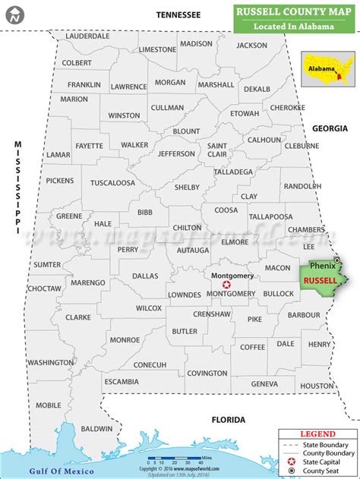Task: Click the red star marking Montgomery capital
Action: pyautogui.click(x=226, y=284)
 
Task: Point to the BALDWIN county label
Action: pyautogui.click(x=96, y=429)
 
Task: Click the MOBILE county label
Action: pyautogui.click(x=49, y=405)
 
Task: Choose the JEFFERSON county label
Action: pyautogui.click(x=177, y=153)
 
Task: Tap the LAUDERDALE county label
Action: pyautogui.click(x=87, y=36)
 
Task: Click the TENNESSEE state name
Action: pyautogui.click(x=178, y=14)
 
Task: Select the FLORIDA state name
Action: pyautogui.click(x=228, y=420)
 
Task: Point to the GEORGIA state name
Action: pyautogui.click(x=329, y=128)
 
